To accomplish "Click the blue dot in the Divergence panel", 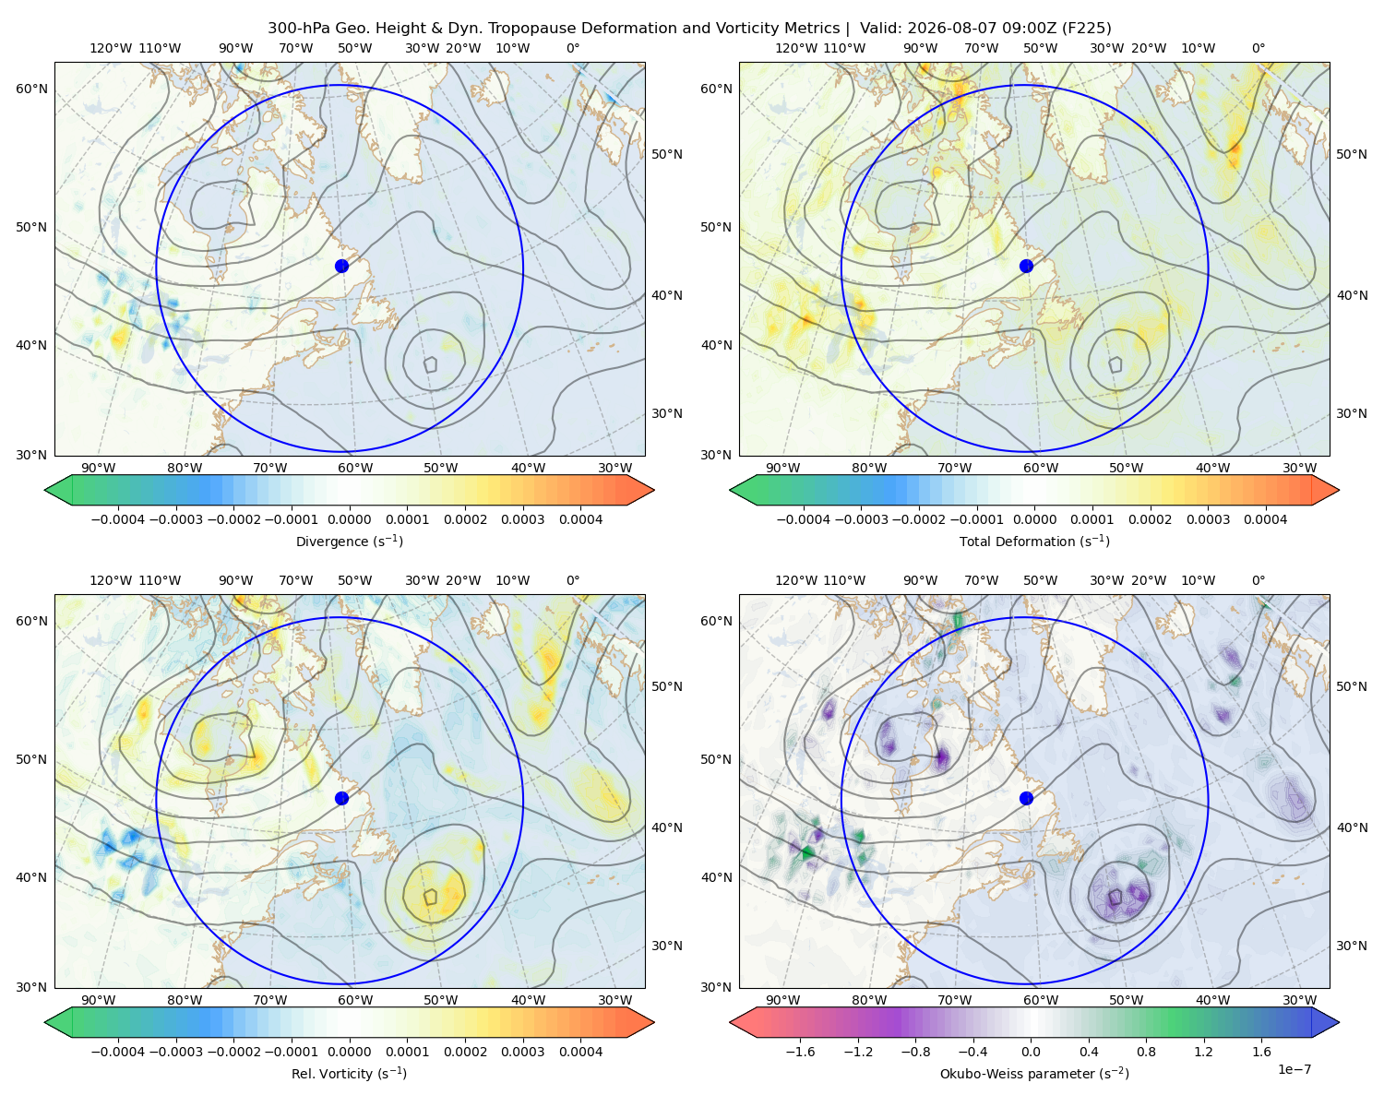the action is click(341, 266).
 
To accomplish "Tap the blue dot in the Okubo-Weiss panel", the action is click(1026, 798).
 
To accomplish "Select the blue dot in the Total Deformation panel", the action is click(1026, 266).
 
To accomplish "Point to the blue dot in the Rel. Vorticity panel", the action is click(341, 798).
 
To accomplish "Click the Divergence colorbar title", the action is click(349, 542).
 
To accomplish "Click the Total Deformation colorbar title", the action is click(1034, 542).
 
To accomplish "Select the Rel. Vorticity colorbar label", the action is click(349, 1074).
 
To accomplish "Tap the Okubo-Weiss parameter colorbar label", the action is click(1034, 1074).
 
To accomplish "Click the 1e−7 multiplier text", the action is click(1294, 1069).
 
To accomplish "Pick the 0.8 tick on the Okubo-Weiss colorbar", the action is click(1146, 1052).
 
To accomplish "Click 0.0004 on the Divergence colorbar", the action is click(580, 519).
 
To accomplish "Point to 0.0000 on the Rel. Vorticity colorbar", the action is click(349, 1052).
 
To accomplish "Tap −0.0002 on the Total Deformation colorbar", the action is click(919, 519).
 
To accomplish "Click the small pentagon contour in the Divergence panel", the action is click(430, 364).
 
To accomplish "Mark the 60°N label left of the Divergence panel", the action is click(31, 89).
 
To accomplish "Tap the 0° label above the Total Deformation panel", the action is click(1258, 48).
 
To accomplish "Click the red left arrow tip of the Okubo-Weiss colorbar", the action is click(731, 1022).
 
